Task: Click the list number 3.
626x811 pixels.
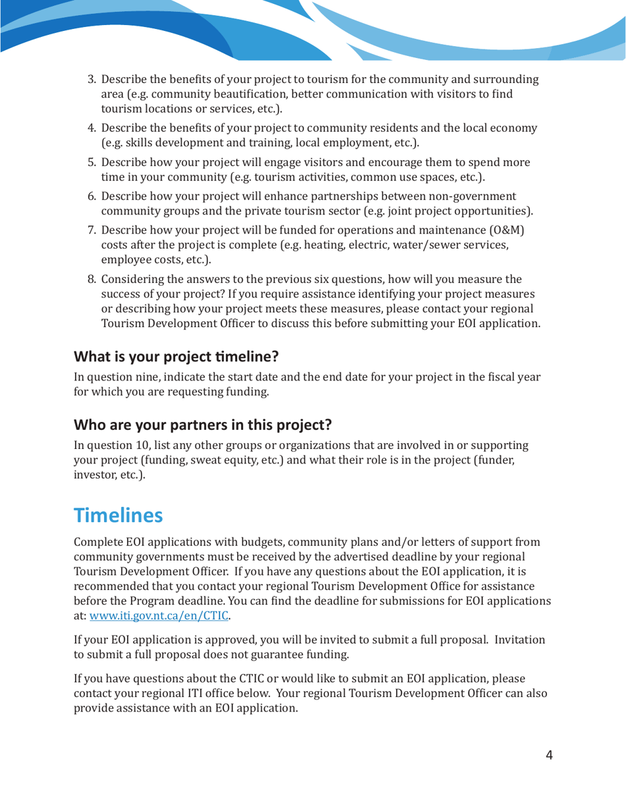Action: (x=92, y=80)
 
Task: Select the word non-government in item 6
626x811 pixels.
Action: (x=472, y=196)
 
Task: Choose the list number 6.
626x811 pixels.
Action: (x=92, y=196)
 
